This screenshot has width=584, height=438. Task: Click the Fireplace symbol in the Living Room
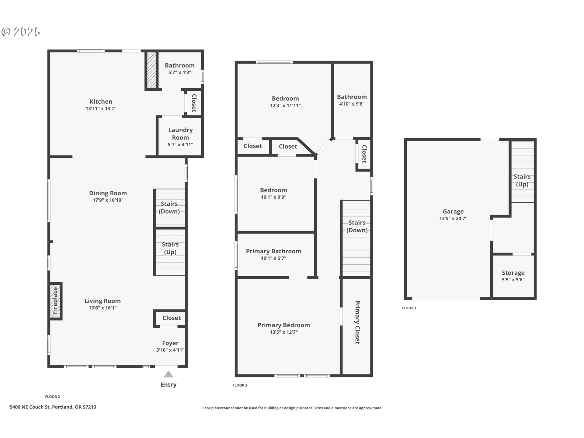55,301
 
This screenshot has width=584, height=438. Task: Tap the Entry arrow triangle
169,374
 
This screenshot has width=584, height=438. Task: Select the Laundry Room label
180,134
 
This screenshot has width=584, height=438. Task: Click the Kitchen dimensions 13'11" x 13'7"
101,109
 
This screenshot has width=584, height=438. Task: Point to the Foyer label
170,343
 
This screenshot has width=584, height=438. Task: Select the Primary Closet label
357,322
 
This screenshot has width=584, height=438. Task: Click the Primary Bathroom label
273,251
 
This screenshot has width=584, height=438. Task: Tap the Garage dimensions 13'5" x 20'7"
453,218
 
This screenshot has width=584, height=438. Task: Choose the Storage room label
513,273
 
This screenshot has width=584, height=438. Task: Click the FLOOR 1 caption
409,308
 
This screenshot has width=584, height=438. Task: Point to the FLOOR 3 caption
240,385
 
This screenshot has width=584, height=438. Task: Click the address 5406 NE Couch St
53,407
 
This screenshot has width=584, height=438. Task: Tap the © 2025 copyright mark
21,32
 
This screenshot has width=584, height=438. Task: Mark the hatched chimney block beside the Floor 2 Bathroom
151,70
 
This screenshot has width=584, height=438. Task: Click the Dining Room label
108,193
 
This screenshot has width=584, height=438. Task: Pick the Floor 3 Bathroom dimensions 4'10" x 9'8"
352,104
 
